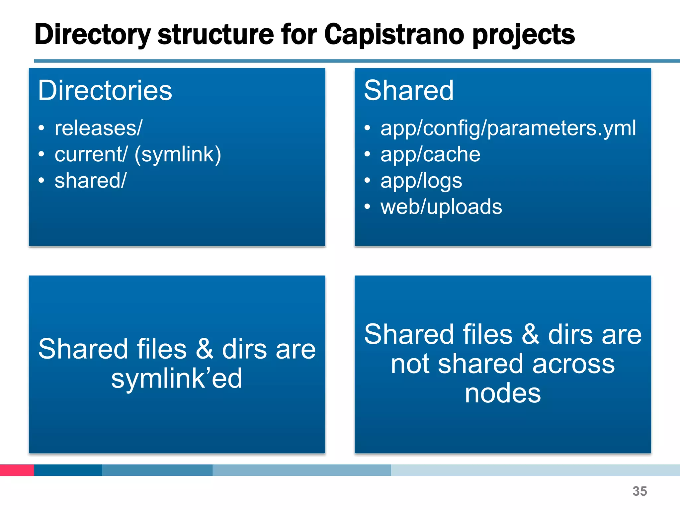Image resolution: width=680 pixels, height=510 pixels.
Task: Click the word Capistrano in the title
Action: tap(394, 34)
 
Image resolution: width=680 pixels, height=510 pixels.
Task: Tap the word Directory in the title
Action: tap(93, 35)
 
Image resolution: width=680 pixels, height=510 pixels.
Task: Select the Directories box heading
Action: tap(105, 90)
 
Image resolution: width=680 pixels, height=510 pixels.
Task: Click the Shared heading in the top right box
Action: tap(409, 90)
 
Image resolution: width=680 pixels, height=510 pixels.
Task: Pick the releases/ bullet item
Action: tap(98, 128)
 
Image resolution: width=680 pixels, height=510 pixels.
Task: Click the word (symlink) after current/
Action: tap(178, 155)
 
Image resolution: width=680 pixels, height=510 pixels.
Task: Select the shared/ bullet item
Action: tap(90, 181)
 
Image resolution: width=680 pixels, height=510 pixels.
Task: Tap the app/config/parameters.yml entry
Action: tap(508, 128)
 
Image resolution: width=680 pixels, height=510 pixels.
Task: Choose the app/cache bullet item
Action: tap(430, 154)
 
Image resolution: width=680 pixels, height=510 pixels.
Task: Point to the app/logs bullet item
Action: tap(421, 181)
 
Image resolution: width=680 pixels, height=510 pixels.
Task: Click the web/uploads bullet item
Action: tap(441, 207)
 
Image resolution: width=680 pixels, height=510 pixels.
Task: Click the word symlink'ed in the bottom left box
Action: tap(177, 379)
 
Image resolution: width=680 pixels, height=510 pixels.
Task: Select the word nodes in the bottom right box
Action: tap(503, 393)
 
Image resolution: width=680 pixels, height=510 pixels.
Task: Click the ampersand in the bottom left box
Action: tap(204, 349)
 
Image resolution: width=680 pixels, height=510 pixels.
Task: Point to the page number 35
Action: tap(639, 491)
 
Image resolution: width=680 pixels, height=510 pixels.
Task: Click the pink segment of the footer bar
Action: tap(17, 470)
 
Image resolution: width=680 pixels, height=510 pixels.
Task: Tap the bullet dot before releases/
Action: tap(41, 128)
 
